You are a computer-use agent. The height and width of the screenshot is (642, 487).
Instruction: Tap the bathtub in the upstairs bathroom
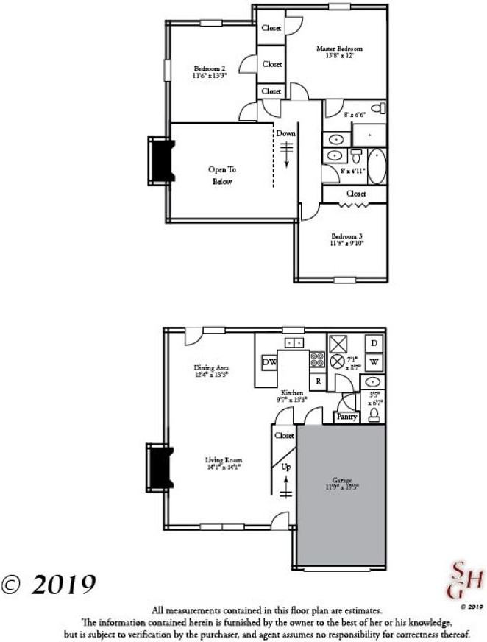click(376, 166)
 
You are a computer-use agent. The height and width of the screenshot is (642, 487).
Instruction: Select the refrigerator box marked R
click(318, 381)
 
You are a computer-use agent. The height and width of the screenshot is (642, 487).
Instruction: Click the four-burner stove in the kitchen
click(318, 360)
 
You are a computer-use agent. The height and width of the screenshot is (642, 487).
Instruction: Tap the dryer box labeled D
click(374, 344)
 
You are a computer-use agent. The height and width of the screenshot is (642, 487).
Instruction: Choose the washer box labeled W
click(374, 362)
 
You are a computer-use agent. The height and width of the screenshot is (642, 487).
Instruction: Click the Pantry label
click(346, 417)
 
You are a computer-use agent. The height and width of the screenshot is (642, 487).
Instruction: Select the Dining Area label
click(211, 370)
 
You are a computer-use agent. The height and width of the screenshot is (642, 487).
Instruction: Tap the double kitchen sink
click(294, 342)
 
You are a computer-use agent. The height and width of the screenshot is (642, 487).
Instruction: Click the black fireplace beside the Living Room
click(158, 466)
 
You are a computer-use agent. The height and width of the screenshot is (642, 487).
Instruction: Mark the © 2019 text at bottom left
click(49, 585)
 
